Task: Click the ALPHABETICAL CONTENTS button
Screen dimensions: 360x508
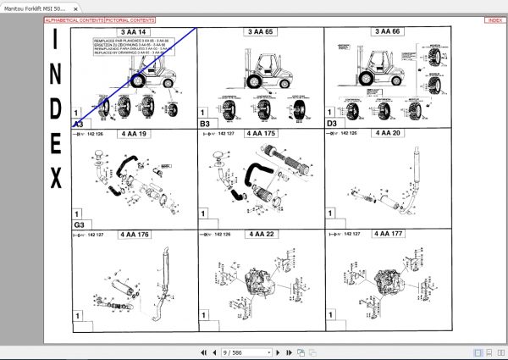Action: [75, 19]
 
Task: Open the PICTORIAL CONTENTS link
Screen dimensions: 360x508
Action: [131, 19]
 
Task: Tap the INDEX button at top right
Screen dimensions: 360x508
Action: [494, 19]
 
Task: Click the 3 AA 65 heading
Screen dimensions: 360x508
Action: [260, 32]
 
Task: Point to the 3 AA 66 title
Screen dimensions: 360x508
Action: [388, 32]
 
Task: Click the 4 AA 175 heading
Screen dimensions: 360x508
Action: [260, 133]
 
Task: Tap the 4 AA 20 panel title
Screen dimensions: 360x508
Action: [388, 133]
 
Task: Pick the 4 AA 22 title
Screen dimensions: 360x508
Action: [260, 234]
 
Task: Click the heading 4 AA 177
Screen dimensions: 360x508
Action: [388, 234]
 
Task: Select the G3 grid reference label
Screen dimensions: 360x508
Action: [78, 225]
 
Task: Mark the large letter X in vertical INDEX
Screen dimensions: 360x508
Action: [56, 179]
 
